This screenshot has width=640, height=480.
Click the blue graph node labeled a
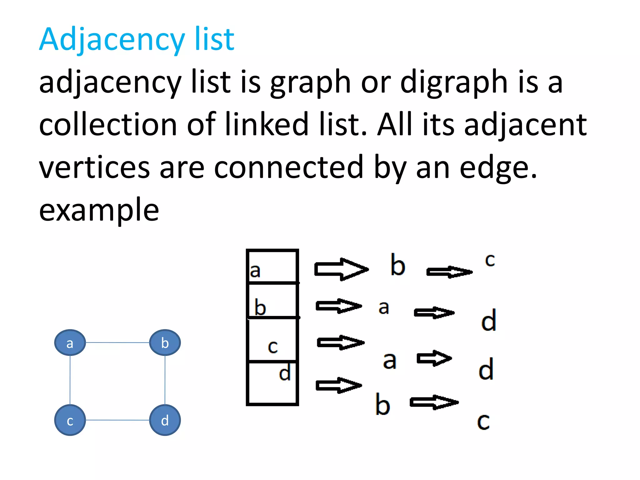point(70,342)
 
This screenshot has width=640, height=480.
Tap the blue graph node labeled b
point(165,342)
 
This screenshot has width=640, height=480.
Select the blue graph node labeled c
point(70,420)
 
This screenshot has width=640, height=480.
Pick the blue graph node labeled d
point(165,420)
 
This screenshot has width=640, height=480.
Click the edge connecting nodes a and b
point(117,342)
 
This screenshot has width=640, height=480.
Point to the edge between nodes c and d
point(117,420)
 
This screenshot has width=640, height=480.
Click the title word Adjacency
point(112,40)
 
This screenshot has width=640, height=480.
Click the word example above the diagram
point(99,210)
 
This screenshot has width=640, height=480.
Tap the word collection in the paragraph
point(108,125)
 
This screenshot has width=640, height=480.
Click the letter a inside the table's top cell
point(255,271)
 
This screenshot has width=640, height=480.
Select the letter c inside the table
point(272,346)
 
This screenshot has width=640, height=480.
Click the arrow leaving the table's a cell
point(341,269)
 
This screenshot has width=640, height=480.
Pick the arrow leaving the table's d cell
point(339,385)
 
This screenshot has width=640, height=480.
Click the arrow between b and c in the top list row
point(449,272)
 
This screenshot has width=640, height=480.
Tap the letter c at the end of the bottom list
point(483,422)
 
